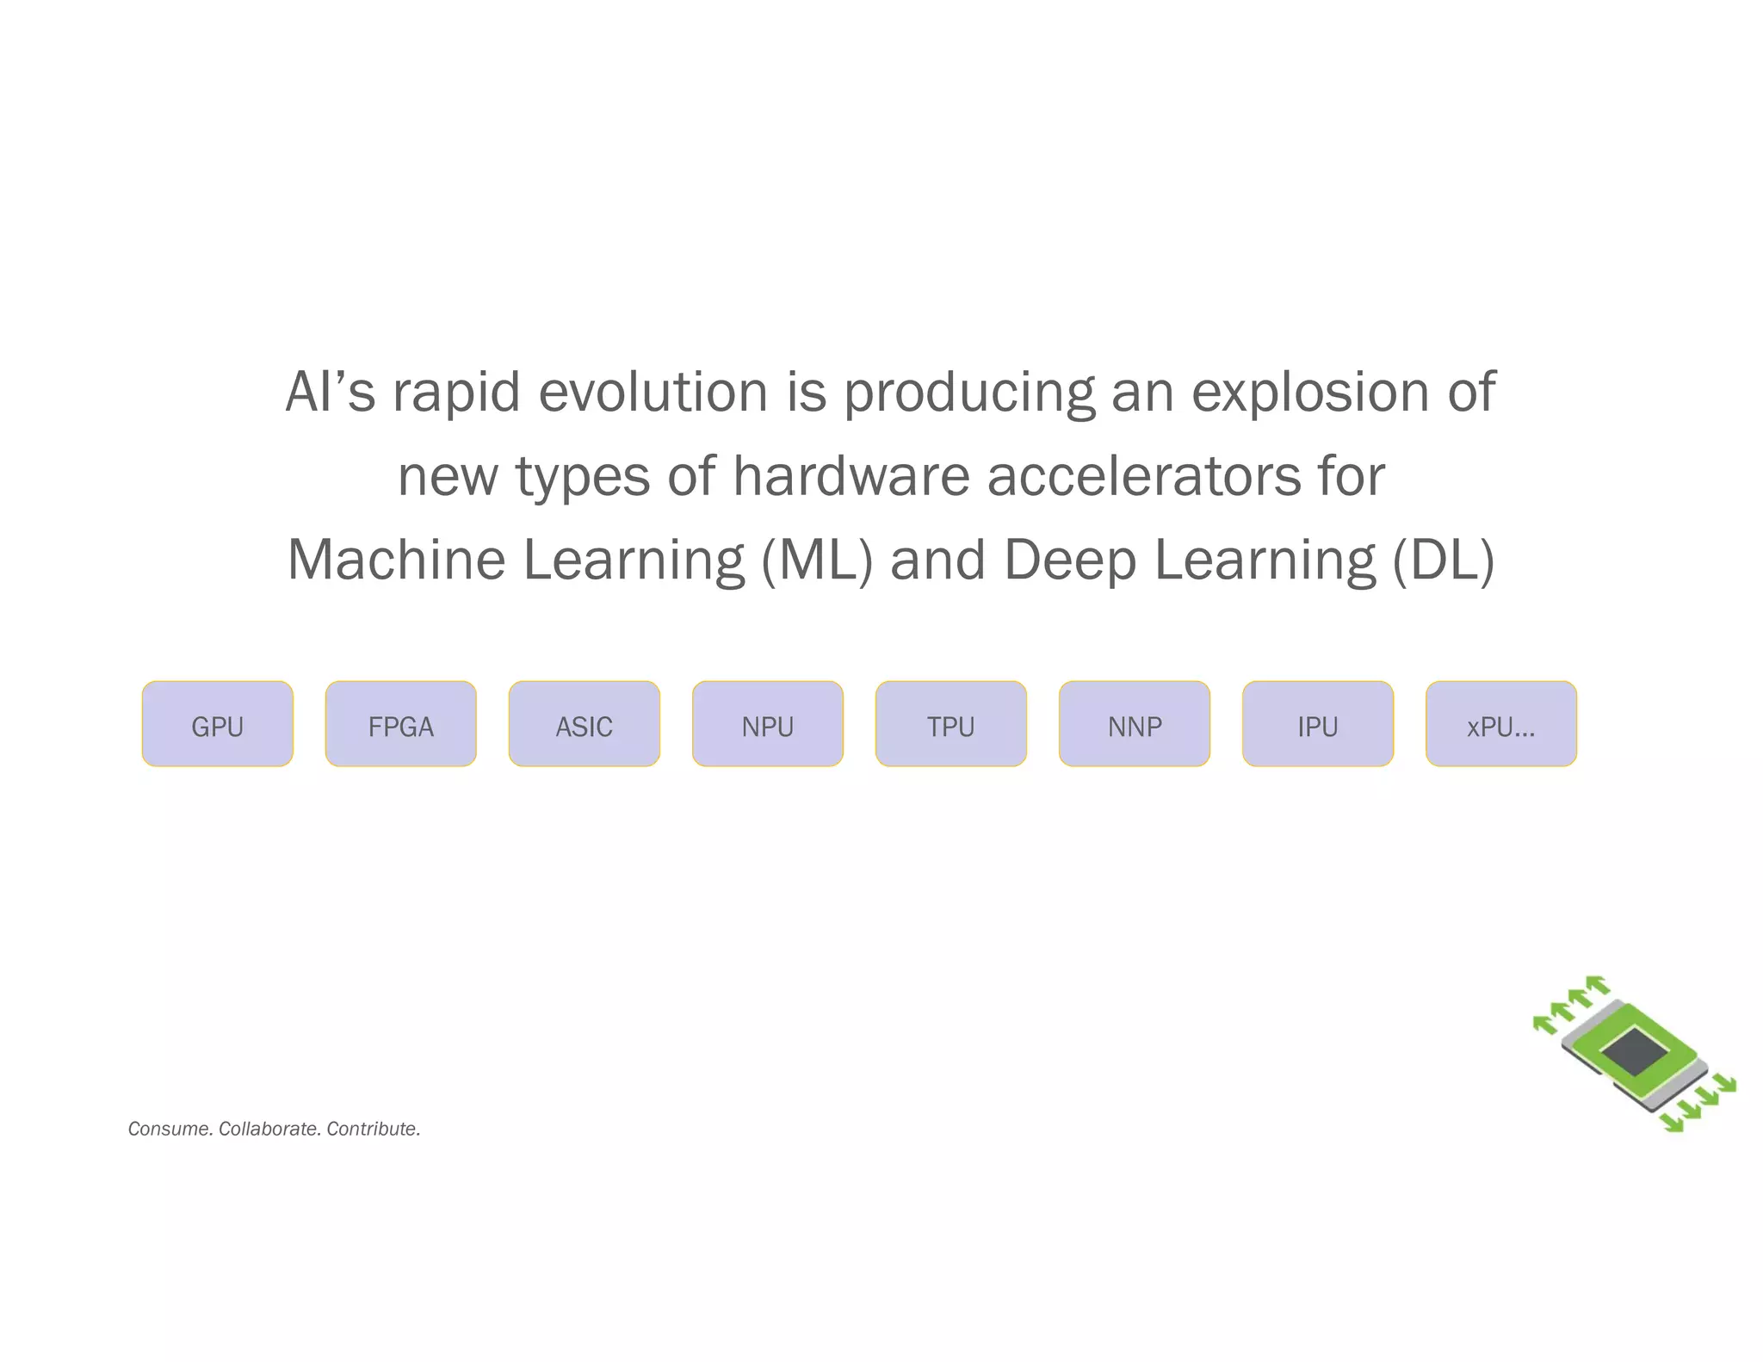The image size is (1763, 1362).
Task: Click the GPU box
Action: coord(217,724)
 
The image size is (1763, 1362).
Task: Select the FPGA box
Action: coord(400,724)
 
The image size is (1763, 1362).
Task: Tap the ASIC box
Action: coord(584,724)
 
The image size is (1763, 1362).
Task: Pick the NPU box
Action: coord(767,724)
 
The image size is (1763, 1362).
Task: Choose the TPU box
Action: coord(950,724)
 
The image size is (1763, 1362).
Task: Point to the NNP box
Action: coord(1134,724)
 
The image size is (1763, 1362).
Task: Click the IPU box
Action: coord(1317,724)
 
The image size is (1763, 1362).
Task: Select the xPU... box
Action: coord(1500,724)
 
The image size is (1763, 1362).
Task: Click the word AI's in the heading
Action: coord(330,392)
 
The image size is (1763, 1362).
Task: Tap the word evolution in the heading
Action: coord(653,392)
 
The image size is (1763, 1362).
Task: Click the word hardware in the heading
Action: coord(851,476)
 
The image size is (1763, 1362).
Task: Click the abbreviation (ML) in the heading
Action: coord(817,560)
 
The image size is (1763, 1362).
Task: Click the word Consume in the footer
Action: coord(168,1129)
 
